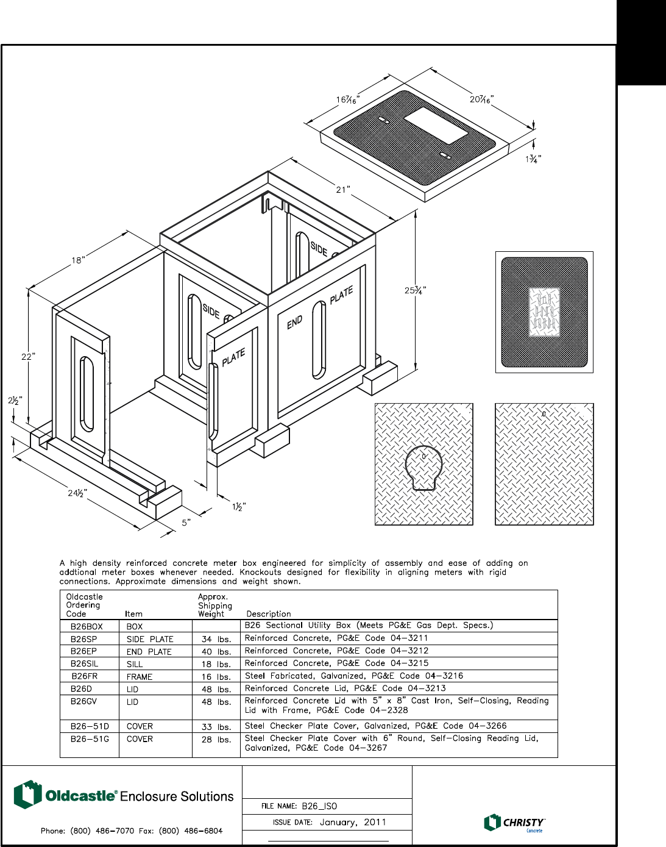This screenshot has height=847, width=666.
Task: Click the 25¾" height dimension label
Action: point(415,290)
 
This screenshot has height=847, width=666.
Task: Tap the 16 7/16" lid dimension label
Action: point(348,99)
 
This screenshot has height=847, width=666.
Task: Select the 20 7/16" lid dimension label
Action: point(481,99)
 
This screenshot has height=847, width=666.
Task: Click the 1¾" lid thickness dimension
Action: point(533,159)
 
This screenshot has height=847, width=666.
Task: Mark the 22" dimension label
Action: point(28,356)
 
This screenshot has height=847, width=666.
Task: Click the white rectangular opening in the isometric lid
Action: point(436,126)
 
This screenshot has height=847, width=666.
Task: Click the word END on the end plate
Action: point(295,323)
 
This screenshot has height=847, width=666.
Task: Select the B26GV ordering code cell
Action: point(83,701)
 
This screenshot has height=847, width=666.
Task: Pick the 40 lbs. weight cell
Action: point(216,652)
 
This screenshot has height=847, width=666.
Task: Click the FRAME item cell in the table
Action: point(140,677)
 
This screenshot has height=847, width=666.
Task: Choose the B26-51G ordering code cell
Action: point(90,739)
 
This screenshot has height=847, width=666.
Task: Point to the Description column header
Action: point(269,614)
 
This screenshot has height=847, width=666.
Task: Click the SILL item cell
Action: point(135,664)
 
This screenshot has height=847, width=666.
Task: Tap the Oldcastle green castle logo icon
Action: point(27,795)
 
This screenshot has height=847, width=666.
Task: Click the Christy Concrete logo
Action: point(514,823)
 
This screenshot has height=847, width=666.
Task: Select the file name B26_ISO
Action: point(319,806)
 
